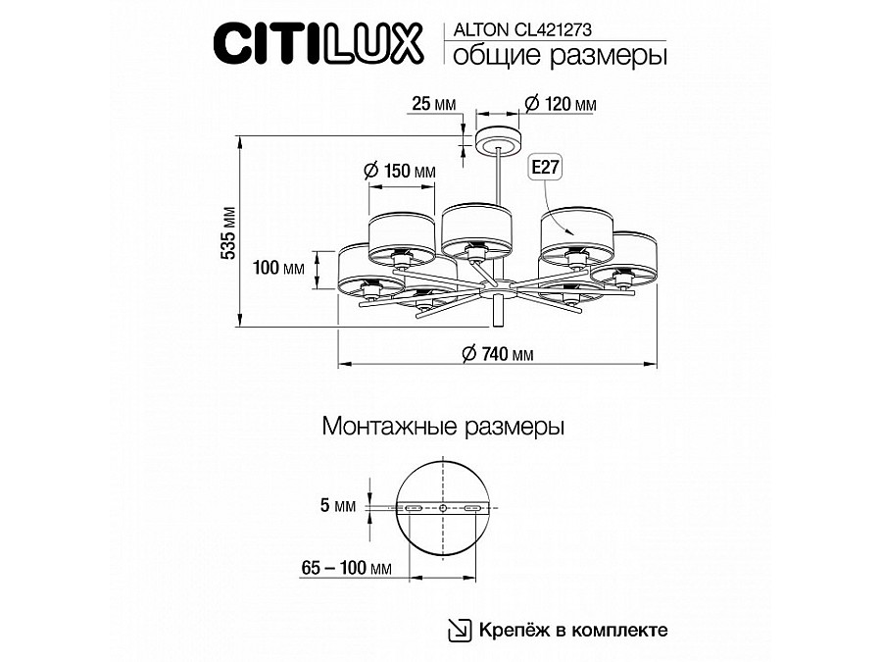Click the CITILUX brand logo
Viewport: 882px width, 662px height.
318,43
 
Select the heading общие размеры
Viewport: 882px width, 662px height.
556,57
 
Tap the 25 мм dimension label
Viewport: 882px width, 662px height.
434,103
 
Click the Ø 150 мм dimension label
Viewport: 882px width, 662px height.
399,171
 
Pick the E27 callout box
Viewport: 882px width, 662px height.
545,168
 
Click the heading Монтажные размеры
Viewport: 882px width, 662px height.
442,428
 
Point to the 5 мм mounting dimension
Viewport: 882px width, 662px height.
338,507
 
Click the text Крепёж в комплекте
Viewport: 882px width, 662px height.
573,629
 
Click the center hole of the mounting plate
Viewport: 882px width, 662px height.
443,509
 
